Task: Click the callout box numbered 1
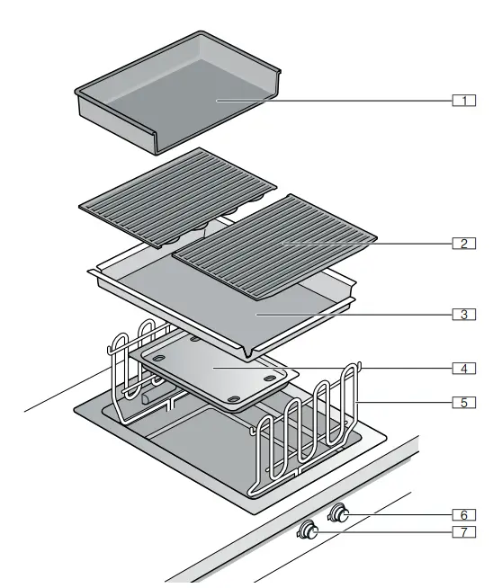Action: tap(463, 100)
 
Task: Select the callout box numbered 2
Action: tap(463, 244)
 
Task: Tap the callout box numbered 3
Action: tap(463, 315)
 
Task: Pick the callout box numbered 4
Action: tap(463, 368)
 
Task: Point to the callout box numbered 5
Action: tap(463, 402)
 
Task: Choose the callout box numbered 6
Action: tap(463, 514)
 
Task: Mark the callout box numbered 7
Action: tap(463, 532)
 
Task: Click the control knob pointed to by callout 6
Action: tap(341, 514)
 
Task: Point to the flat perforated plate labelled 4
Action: tap(211, 371)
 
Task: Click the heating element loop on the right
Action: tap(306, 432)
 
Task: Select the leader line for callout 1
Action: tap(360, 100)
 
